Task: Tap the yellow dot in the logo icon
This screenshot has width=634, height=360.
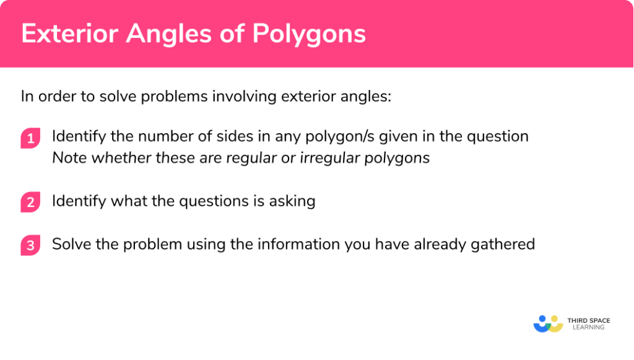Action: click(558, 319)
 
